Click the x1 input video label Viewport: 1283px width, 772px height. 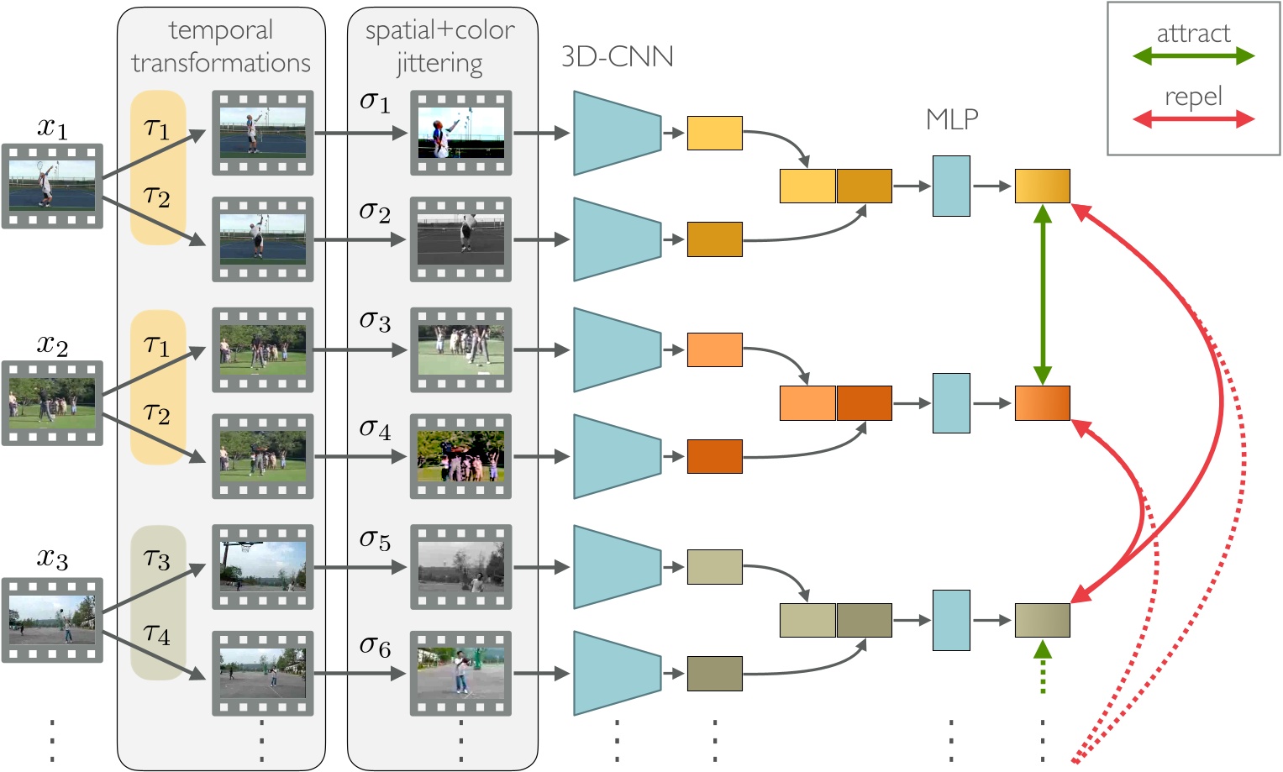52,128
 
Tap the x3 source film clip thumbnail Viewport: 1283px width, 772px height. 52,619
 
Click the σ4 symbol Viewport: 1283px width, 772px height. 375,429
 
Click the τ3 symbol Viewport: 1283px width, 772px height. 157,559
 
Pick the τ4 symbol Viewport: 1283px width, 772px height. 157,633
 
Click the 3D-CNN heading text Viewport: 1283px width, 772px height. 617,56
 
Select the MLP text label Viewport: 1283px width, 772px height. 952,119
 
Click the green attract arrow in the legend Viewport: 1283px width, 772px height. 1193,56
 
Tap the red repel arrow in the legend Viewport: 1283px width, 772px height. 1193,119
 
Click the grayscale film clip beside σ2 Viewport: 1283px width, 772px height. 460,239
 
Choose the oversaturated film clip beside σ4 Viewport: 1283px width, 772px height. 460,456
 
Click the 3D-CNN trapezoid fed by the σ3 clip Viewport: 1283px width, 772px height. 617,349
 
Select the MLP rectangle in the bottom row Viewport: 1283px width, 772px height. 951,620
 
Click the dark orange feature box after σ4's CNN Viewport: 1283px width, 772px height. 714,456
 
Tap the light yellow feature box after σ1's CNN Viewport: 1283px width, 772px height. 714,133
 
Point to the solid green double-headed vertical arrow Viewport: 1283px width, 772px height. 1043,294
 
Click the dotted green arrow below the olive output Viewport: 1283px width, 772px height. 1043,668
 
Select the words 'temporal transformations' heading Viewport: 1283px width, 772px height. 221,46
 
